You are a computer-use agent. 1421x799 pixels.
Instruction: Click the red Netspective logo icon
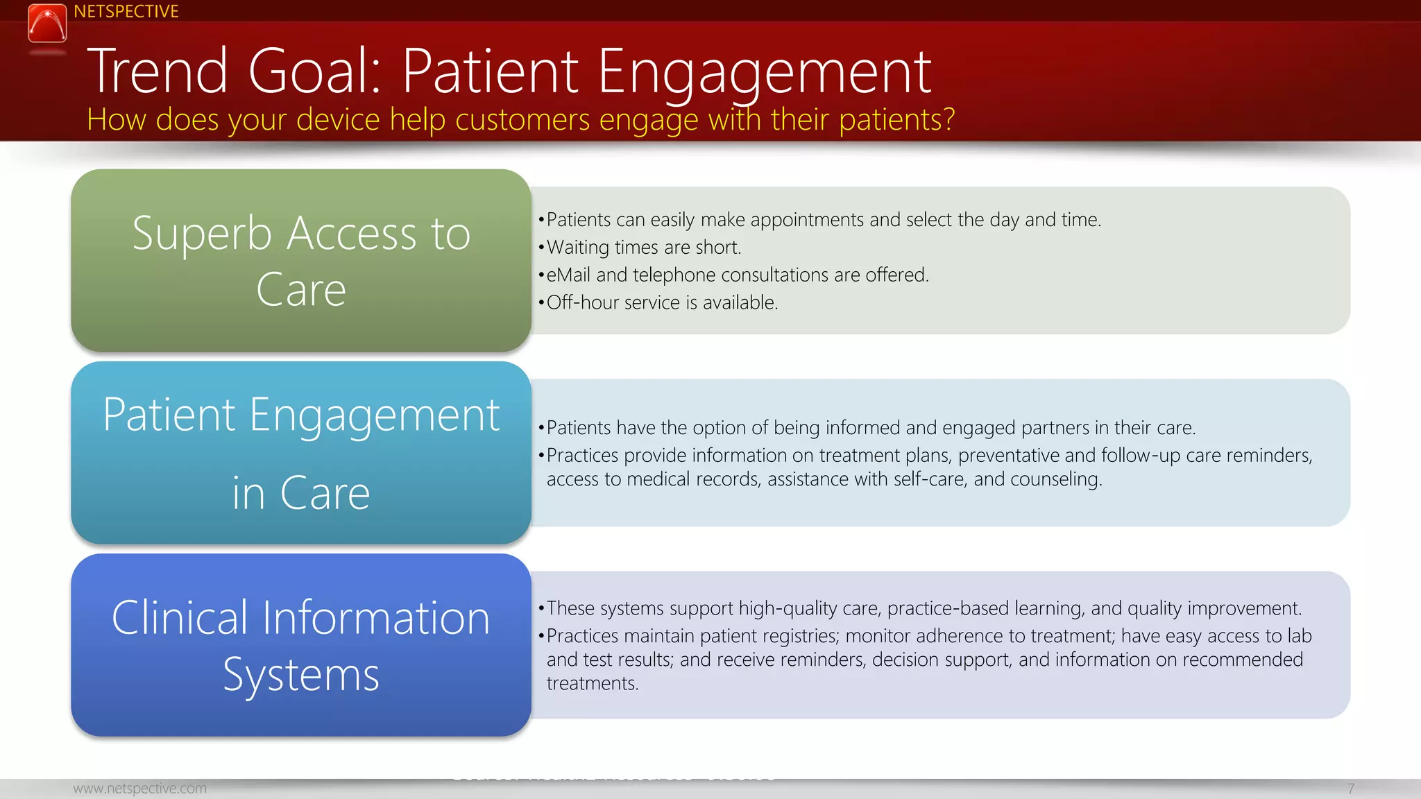click(47, 24)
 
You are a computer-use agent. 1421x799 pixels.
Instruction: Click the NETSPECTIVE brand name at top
click(126, 12)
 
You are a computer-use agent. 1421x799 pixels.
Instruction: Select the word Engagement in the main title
click(764, 72)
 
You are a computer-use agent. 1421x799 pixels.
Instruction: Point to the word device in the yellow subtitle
click(338, 119)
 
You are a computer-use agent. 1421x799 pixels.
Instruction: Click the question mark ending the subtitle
click(947, 119)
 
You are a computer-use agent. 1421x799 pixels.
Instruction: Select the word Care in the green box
click(300, 290)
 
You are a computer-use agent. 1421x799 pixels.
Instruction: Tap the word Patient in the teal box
click(169, 415)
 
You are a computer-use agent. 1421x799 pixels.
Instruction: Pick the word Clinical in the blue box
click(179, 617)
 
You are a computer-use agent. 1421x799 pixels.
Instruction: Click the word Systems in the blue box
click(300, 675)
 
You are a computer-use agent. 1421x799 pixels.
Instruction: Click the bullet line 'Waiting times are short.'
click(643, 248)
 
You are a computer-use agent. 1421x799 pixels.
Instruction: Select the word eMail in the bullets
click(568, 275)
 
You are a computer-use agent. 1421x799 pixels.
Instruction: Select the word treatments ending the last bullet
click(591, 683)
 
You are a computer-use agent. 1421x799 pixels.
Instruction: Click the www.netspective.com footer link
click(139, 789)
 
